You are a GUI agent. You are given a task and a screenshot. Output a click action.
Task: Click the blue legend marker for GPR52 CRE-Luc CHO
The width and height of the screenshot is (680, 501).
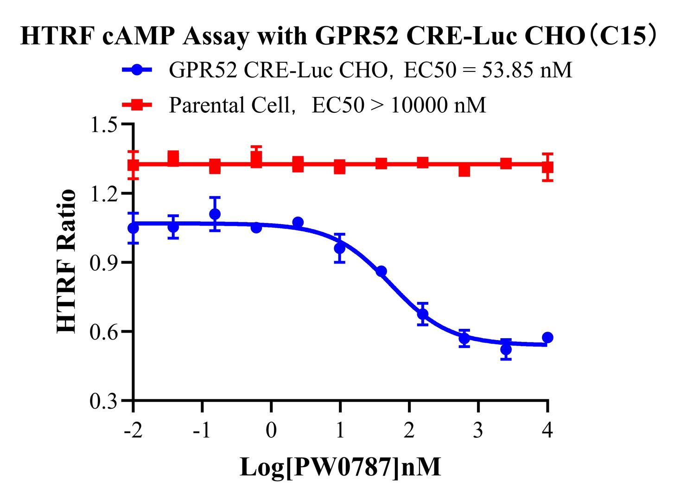137,70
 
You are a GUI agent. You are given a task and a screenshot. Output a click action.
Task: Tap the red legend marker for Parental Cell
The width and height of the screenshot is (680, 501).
137,105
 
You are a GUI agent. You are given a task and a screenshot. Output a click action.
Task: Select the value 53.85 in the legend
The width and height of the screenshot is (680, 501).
507,71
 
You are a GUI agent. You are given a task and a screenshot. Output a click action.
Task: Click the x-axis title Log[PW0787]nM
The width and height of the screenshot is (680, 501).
340,467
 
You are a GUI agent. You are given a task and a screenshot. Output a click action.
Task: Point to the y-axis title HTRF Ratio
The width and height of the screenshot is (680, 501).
66,261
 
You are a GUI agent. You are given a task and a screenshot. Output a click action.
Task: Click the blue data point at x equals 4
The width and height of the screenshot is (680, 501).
547,337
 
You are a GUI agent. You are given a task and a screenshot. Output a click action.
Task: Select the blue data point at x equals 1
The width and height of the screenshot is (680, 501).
340,249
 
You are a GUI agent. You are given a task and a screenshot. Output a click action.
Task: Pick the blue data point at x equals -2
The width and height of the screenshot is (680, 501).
133,228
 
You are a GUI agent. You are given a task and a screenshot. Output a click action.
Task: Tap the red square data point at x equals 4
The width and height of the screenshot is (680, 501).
547,167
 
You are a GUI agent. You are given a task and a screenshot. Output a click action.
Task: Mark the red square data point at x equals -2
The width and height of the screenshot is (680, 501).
133,165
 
